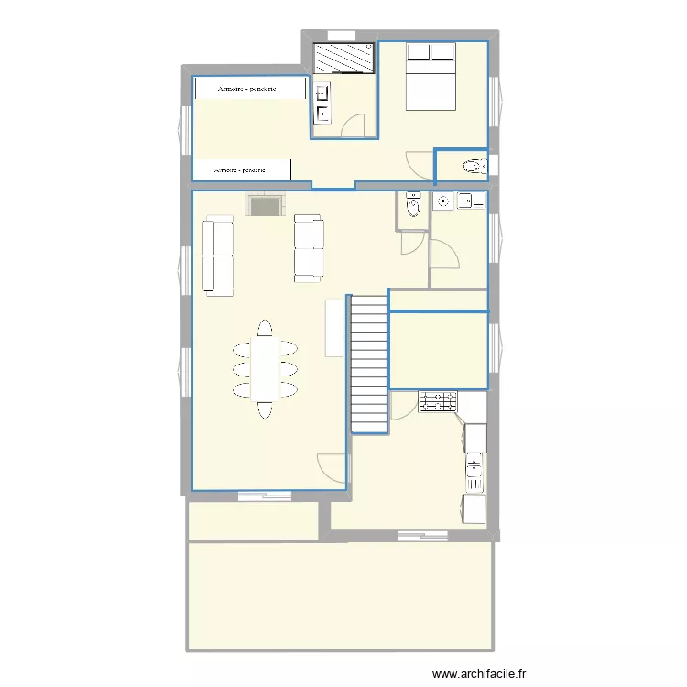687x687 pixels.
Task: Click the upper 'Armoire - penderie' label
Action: (247, 89)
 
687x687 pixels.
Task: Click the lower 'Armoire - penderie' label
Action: (241, 170)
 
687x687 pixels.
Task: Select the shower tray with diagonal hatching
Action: (344, 59)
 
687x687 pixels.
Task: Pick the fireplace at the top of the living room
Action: (264, 204)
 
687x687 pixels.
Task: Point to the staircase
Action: (369, 363)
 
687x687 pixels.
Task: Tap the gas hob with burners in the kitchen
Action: (438, 401)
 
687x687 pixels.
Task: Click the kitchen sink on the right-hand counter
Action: (474, 468)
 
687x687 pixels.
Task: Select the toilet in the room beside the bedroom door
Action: (473, 167)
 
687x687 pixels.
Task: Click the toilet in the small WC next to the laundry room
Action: (412, 208)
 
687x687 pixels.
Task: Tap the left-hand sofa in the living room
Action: (219, 256)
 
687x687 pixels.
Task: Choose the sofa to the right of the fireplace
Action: (308, 247)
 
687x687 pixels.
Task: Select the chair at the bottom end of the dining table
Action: (265, 410)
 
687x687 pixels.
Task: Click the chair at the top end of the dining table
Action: (265, 328)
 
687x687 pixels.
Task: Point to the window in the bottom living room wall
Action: (264, 496)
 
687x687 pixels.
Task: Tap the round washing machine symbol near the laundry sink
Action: (443, 202)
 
